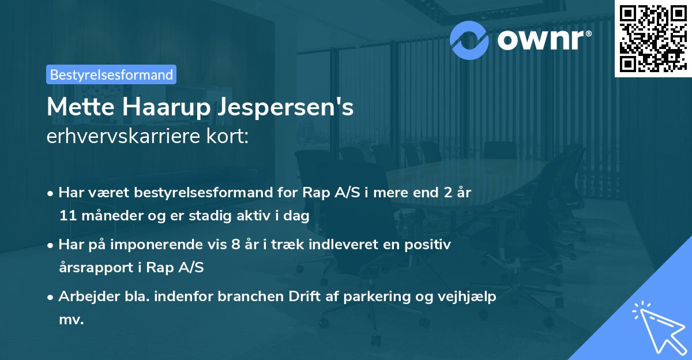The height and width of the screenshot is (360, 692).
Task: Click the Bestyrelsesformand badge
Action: (111, 74)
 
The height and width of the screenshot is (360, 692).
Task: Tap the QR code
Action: (653, 38)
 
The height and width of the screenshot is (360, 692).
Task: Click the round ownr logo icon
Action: (469, 39)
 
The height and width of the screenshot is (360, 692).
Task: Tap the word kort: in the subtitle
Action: (230, 137)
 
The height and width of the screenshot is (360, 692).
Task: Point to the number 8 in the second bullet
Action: (235, 245)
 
